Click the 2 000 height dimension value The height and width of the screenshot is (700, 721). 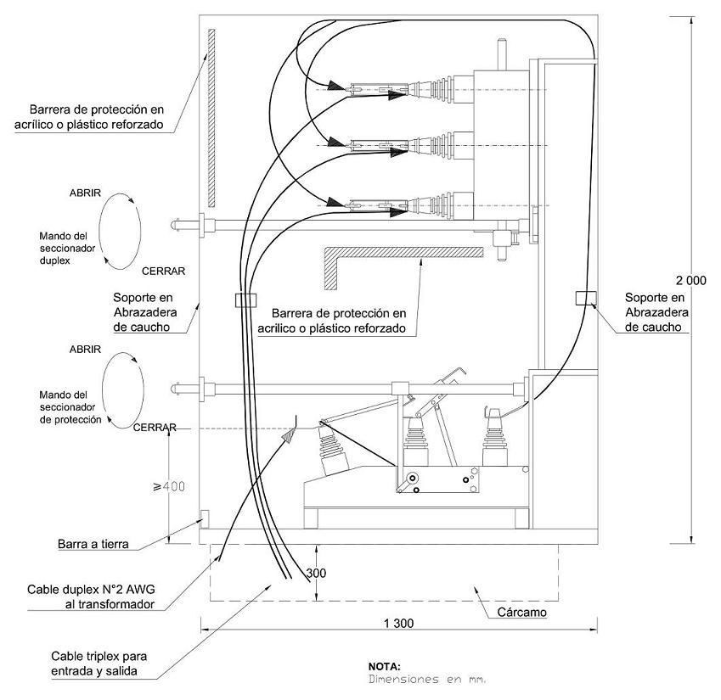coord(690,280)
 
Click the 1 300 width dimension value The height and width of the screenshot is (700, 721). coord(398,624)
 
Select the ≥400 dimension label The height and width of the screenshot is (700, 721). coord(169,486)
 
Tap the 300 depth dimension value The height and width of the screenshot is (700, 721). coord(317,573)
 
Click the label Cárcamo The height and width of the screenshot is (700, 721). coord(522,613)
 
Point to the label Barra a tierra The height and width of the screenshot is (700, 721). coord(93,544)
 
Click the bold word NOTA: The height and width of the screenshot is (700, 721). coord(385,666)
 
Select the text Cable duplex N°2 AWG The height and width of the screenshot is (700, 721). coord(91,590)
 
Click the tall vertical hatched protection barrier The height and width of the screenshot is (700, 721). coord(211,118)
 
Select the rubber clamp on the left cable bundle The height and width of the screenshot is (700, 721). coord(245,300)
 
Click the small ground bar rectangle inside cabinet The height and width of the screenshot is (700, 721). coord(205,519)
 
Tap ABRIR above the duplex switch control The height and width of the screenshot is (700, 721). coord(85,193)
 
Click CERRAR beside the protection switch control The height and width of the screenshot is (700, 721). coord(155,428)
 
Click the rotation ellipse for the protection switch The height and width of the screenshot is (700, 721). coord(102,390)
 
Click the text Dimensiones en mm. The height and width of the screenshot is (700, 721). coord(427,680)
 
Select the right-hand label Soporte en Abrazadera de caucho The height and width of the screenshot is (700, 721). coord(656,312)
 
